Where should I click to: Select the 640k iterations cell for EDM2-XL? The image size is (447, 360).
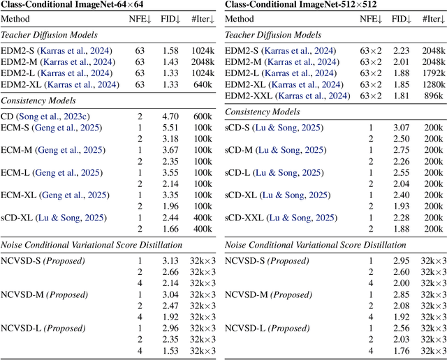[x=203, y=84]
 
